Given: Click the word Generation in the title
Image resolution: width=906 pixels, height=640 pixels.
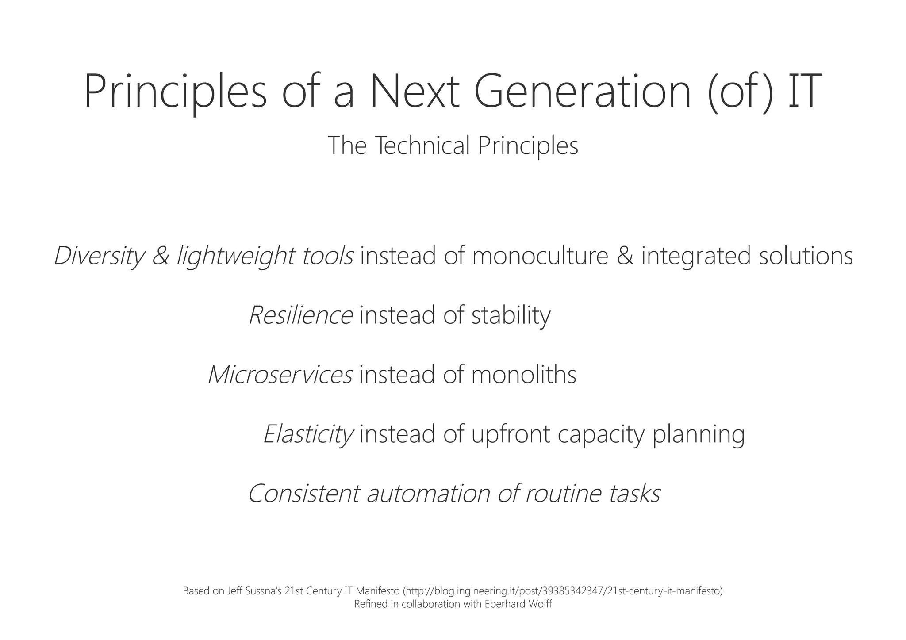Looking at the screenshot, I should (582, 92).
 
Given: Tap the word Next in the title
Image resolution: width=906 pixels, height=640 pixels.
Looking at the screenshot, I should (415, 92).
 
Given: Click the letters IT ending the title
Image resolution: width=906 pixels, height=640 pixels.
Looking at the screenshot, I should (804, 92).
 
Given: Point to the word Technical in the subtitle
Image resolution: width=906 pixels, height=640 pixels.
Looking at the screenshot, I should (422, 146).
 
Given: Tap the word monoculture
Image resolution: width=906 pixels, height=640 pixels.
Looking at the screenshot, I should (540, 256).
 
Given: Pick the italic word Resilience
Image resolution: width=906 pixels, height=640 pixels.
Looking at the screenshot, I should (301, 315).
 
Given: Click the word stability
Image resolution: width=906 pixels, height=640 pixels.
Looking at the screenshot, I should (511, 315).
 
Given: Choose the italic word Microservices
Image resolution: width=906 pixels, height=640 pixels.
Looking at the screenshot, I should (280, 374).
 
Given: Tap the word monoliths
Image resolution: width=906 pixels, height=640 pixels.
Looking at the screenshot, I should (524, 374).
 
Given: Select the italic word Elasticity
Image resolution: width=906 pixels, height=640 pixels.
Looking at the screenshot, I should (308, 434).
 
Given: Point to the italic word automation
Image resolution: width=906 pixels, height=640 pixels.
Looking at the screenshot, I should (429, 493).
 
